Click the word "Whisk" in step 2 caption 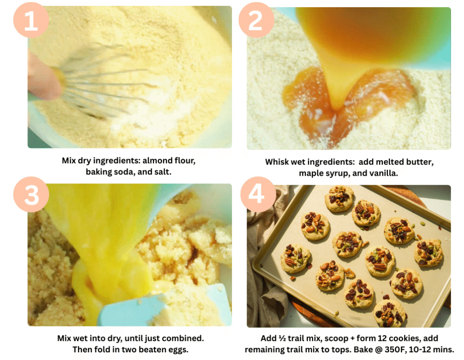[277, 162]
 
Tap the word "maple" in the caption [311, 173]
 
